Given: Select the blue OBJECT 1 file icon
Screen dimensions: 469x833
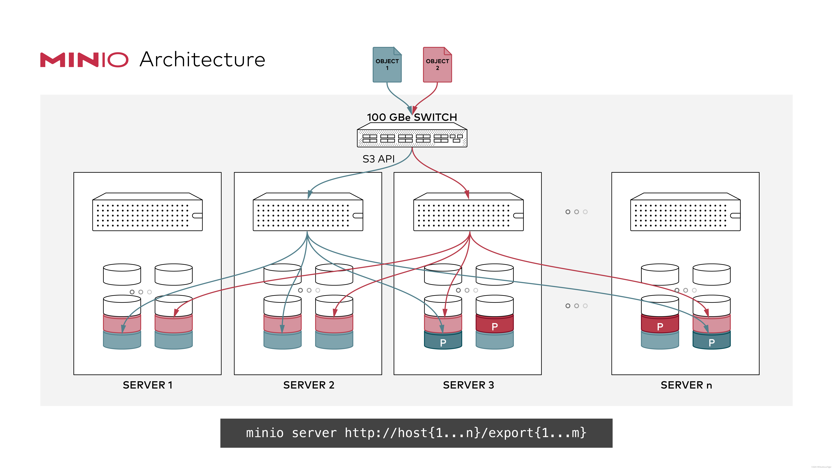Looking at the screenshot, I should coord(387,65).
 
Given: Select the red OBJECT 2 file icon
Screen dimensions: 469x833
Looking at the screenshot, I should coord(437,65).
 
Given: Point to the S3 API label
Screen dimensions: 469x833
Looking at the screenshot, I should coord(378,159).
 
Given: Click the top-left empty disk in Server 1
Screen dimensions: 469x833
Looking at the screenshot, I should coord(122,275).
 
